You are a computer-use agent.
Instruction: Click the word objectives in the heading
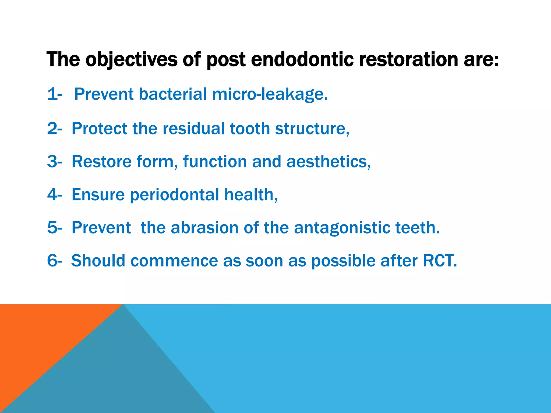point(131,60)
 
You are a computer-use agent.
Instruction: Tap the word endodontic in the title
point(302,60)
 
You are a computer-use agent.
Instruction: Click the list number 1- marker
point(55,94)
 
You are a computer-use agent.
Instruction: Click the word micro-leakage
point(270,94)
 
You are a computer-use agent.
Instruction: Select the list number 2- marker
point(55,129)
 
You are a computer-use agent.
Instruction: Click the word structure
point(312,129)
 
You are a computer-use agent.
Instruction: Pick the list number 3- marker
point(55,162)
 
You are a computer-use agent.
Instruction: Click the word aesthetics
point(328,162)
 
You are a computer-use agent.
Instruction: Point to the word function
point(215,162)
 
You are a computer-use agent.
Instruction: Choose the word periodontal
point(175,195)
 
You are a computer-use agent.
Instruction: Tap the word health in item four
point(250,195)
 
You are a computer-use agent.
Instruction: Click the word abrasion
point(204,228)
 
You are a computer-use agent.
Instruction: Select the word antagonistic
point(342,228)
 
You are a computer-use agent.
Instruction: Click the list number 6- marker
point(55,261)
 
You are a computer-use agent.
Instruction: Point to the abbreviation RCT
point(439,261)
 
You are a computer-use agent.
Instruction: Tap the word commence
point(174,261)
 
